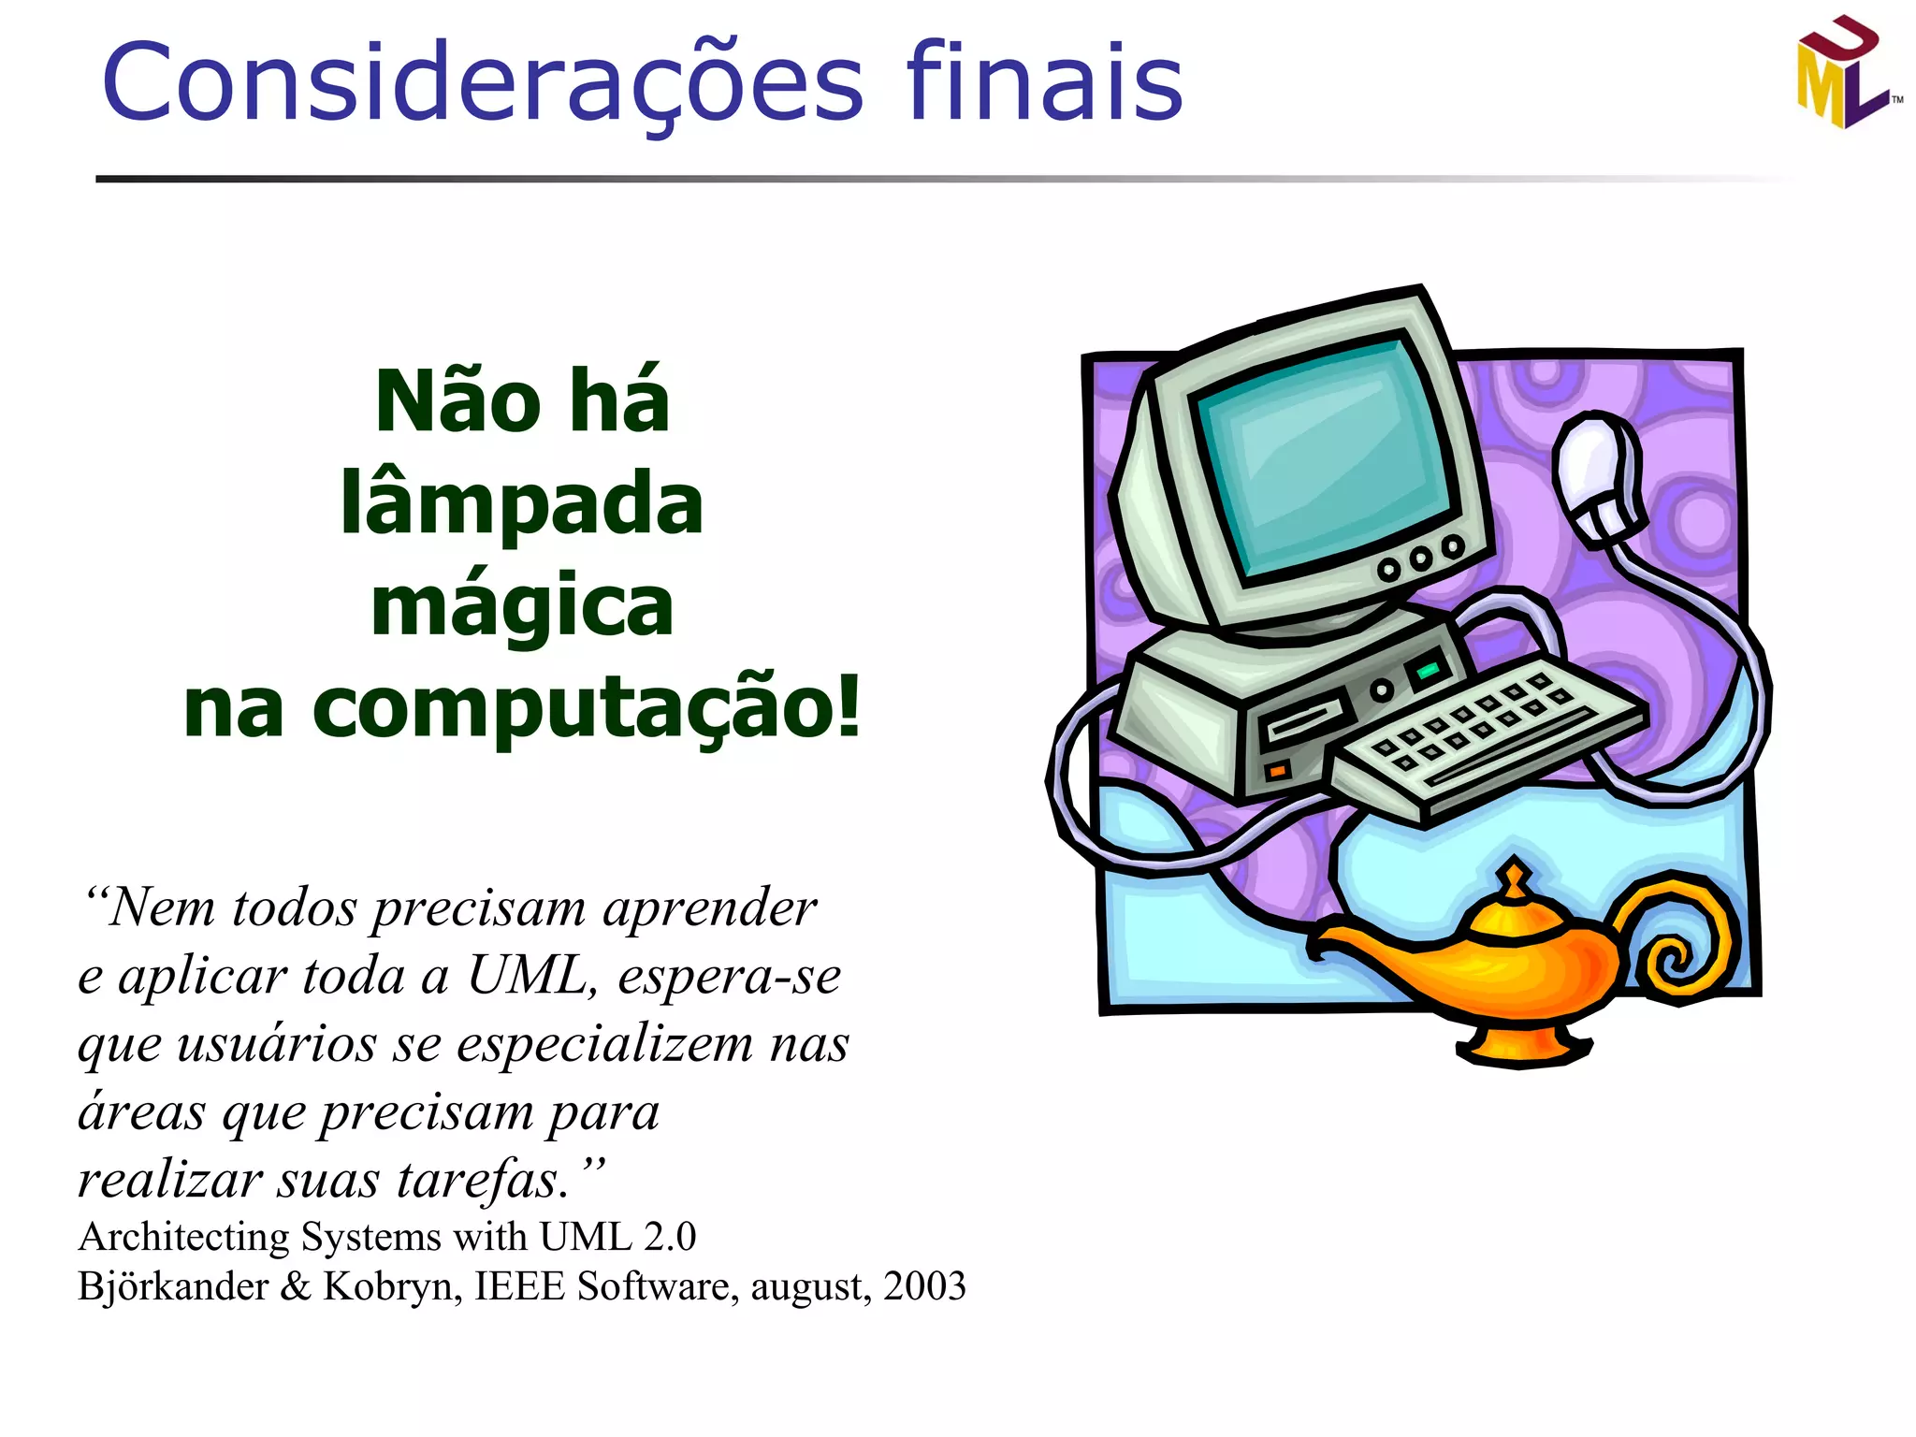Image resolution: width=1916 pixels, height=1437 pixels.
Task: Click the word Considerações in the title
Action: click(482, 82)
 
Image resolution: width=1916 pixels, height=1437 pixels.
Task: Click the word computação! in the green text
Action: click(586, 708)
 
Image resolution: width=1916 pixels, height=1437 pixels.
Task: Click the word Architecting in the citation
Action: click(184, 1237)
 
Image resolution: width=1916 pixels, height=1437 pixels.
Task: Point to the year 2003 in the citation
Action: click(924, 1286)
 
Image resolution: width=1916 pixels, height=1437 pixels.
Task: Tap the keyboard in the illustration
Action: click(1488, 734)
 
